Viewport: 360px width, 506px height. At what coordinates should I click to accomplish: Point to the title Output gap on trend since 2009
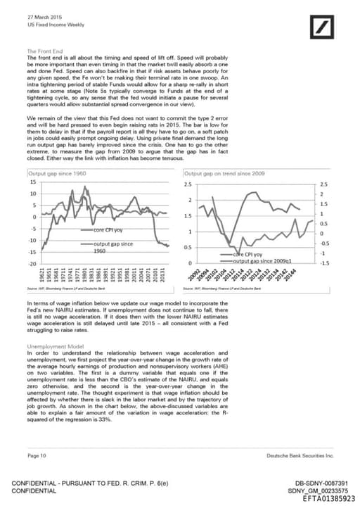tap(224, 173)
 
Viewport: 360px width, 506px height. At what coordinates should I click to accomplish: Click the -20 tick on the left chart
tap(32, 263)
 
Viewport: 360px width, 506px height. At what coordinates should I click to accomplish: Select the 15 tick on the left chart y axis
tap(33, 182)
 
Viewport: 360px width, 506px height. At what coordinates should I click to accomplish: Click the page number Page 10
tap(37, 456)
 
